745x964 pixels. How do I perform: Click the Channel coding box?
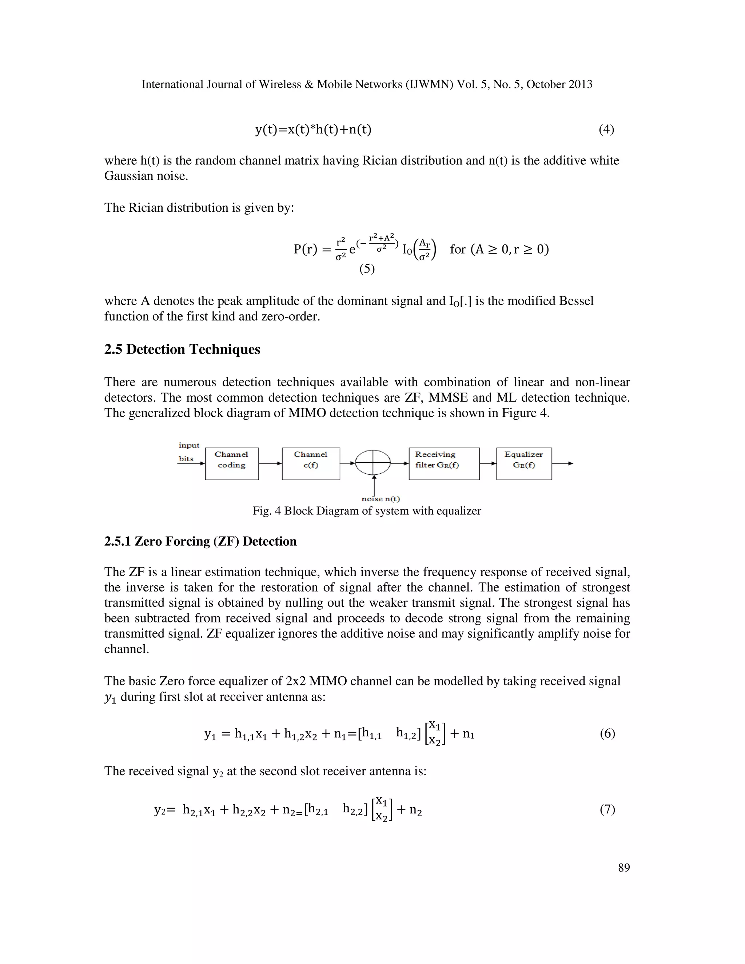click(232, 463)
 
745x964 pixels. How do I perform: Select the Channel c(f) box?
click(311, 463)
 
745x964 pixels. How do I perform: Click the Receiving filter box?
click(444, 463)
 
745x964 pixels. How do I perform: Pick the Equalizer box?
click(524, 463)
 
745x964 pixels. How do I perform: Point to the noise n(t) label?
click(381, 499)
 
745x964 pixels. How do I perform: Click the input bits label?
click(189, 451)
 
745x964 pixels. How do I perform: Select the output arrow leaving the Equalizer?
click(563, 463)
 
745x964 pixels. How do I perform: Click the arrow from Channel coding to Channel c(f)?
click(270, 463)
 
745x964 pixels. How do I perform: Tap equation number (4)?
click(606, 130)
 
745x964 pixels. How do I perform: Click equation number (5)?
click(367, 268)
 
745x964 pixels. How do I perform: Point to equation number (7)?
click(607, 809)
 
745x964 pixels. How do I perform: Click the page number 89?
click(624, 868)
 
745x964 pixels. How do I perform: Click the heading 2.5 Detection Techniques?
click(182, 349)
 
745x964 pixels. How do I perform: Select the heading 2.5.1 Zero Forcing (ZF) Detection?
click(200, 541)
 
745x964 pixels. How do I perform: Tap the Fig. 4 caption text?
click(366, 511)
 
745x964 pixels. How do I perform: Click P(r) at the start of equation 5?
click(306, 250)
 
